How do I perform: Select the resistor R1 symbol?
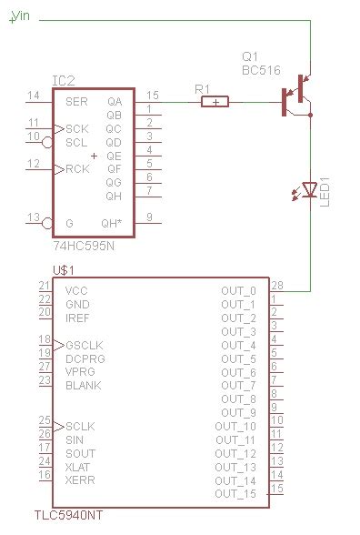coord(215,102)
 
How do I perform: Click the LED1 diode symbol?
coord(309,189)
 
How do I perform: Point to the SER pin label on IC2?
coord(76,102)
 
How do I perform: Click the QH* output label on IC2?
coord(111,223)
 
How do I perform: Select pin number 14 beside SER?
coord(34,96)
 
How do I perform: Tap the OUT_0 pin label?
coord(238,291)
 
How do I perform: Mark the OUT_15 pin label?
coord(235,494)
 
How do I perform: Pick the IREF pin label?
coord(78,318)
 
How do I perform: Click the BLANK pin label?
coord(83,385)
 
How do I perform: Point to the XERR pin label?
coord(80,479)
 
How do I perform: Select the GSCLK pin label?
coord(85,345)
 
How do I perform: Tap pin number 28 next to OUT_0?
coord(277,285)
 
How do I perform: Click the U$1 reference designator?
coord(64,270)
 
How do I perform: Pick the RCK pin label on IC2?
coord(77,169)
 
